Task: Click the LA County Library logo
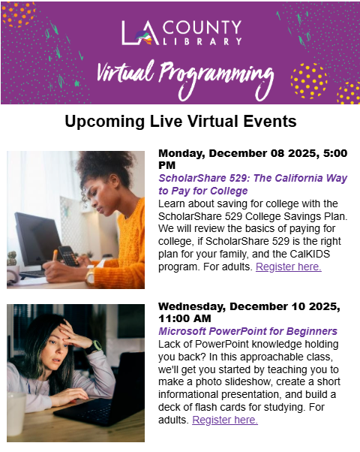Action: click(181, 33)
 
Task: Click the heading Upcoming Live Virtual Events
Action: click(181, 122)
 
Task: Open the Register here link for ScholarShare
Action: click(289, 267)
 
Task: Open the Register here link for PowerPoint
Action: click(225, 420)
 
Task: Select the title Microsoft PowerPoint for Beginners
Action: click(247, 331)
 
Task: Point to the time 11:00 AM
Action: click(184, 318)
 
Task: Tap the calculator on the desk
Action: click(68, 256)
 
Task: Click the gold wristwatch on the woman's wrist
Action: click(89, 276)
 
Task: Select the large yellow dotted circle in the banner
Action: click(309, 81)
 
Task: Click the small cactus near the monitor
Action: click(11, 258)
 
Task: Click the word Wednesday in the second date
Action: click(191, 306)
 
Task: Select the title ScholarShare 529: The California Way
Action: click(253, 178)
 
